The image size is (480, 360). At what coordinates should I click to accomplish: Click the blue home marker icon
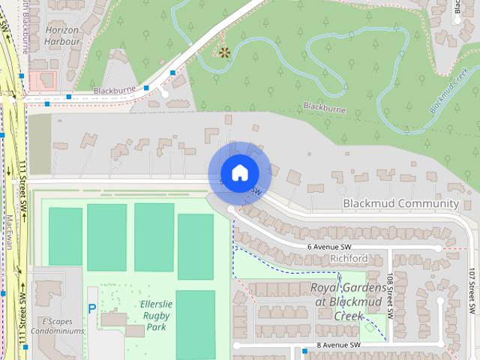(x=239, y=172)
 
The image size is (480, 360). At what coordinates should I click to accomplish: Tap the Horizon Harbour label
(x=62, y=36)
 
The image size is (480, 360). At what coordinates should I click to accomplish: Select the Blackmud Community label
(x=400, y=203)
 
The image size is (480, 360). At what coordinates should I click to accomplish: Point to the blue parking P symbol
(x=92, y=308)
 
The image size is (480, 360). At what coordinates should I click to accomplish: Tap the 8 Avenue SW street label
(x=339, y=344)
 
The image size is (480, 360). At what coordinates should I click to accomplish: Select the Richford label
(x=349, y=259)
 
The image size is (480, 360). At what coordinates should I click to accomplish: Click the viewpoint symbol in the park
(x=223, y=52)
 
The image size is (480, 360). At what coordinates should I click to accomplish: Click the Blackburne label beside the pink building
(x=114, y=91)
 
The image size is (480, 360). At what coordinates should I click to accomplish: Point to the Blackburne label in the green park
(x=325, y=108)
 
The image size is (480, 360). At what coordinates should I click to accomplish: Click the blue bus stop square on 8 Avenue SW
(x=304, y=350)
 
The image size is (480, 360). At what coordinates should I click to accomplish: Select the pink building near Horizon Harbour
(x=42, y=81)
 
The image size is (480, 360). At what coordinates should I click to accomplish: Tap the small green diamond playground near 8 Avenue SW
(x=368, y=325)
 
